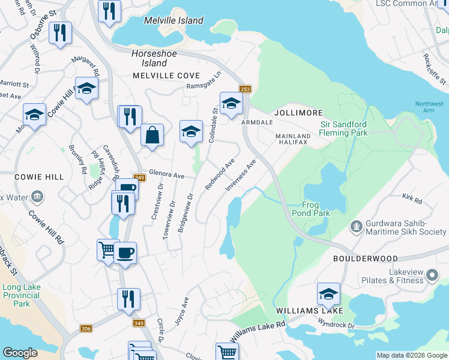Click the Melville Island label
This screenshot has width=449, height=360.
tap(173, 20)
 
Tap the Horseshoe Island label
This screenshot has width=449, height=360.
tap(149, 58)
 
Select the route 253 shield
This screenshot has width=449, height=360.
tap(246, 89)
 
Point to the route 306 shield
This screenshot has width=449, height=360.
tap(86, 328)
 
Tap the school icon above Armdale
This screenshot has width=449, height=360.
tap(231, 103)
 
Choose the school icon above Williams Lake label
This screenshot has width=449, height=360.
tap(328, 294)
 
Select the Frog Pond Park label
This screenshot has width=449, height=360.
tap(310, 208)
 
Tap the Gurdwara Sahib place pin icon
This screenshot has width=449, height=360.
tap(356, 227)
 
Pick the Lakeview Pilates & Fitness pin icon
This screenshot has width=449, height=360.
tap(432, 275)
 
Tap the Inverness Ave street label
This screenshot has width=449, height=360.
tap(241, 175)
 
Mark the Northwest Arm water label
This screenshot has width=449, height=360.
tap(429, 108)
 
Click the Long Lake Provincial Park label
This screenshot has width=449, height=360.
tap(21, 295)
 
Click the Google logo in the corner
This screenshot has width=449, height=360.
tap(20, 353)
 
